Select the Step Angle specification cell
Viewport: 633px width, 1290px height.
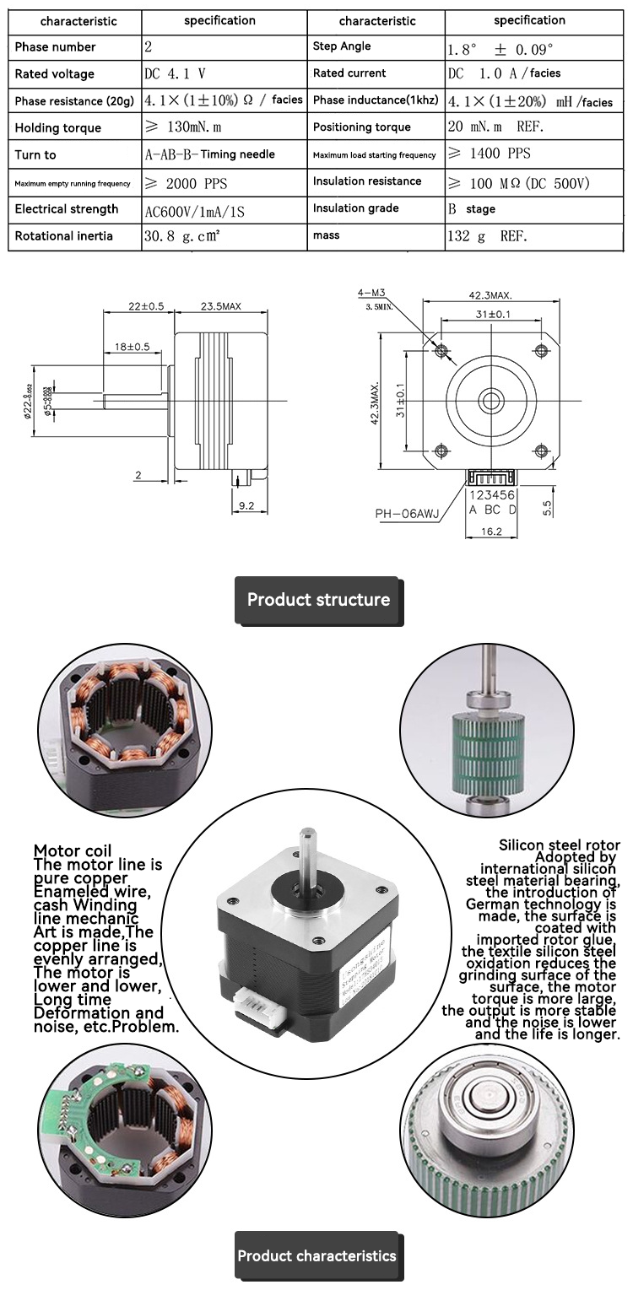coord(501,47)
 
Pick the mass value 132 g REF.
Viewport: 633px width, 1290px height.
coord(487,236)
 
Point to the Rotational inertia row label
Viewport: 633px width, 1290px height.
coord(63,236)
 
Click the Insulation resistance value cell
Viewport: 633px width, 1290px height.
coord(518,182)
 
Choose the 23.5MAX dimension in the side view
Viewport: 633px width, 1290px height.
coord(221,306)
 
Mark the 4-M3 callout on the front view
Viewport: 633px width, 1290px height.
coord(371,293)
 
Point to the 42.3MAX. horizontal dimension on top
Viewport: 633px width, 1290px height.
coord(490,295)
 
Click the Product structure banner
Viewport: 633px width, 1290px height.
coord(318,600)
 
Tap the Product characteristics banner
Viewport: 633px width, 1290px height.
coord(316,1255)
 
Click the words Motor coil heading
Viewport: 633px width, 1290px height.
coord(73,850)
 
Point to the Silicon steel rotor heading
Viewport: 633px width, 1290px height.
coord(559,845)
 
